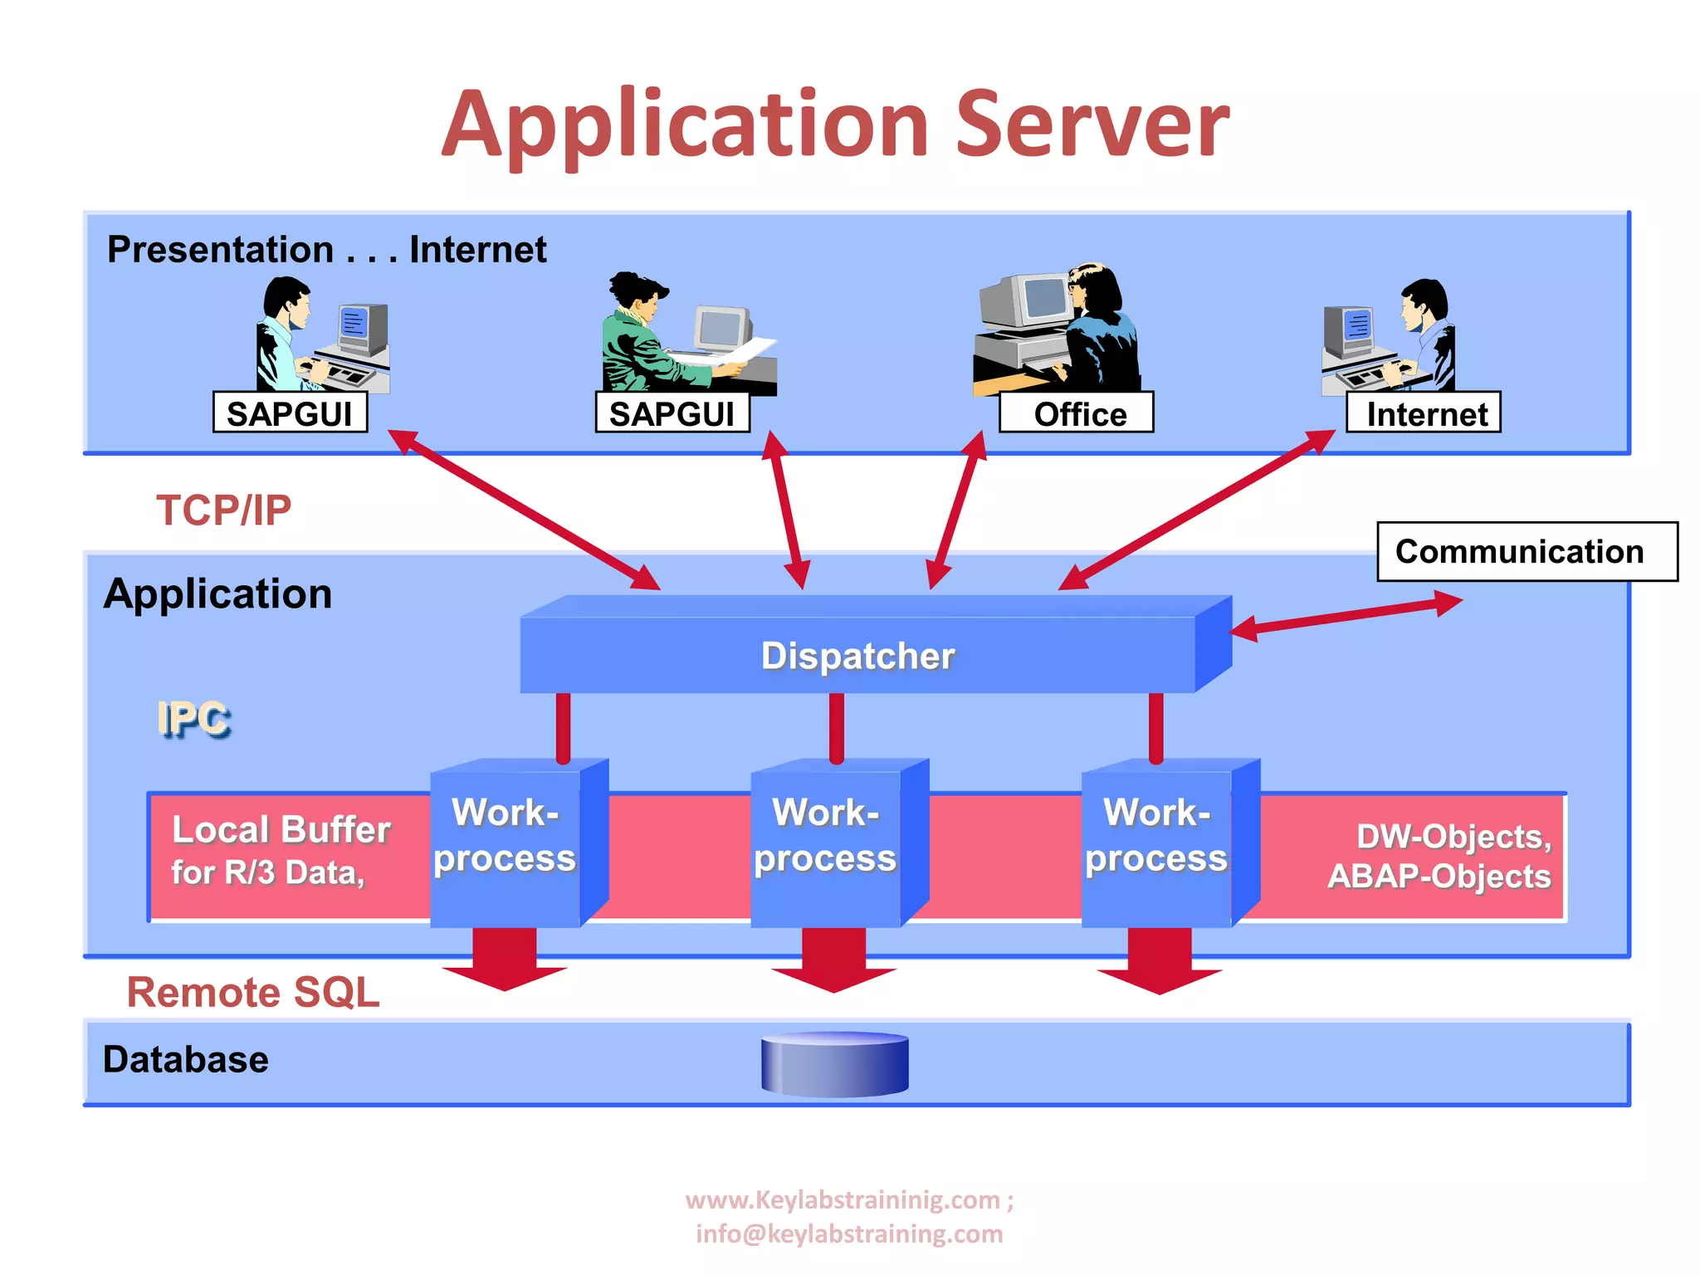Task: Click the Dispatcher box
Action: coord(857,655)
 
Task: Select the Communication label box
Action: coord(1526,552)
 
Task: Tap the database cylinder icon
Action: coord(835,1064)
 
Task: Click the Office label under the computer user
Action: coord(1077,413)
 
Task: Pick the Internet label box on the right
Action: coord(1424,413)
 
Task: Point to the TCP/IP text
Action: coord(224,510)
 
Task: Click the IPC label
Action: coord(193,719)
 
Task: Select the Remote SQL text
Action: coord(253,992)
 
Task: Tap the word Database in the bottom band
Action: coord(186,1060)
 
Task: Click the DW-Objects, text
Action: coord(1453,837)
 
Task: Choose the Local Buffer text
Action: coord(281,830)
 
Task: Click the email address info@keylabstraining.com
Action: coord(849,1234)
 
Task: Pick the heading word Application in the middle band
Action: coord(217,594)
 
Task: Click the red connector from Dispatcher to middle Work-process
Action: coord(837,726)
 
